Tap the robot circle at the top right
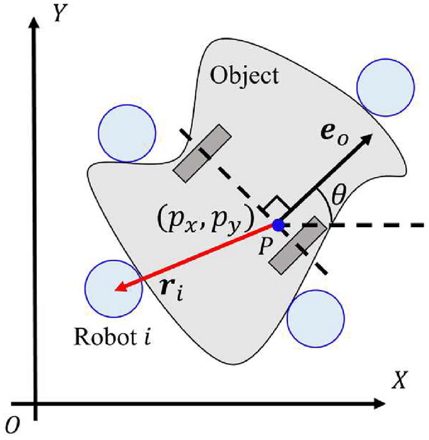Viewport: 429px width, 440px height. click(x=385, y=90)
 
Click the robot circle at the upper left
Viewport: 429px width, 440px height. click(x=127, y=131)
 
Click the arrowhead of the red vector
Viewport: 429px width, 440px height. click(x=118, y=288)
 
